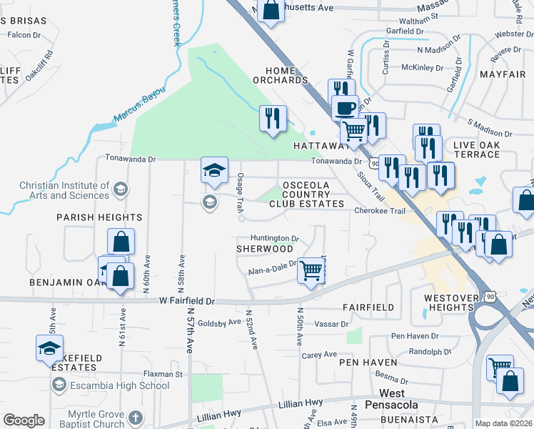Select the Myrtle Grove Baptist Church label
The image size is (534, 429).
96,419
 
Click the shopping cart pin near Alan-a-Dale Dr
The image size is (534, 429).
311,270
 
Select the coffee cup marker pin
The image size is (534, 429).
346,108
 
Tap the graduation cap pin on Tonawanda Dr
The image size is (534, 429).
214,170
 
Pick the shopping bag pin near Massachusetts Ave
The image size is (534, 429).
271,10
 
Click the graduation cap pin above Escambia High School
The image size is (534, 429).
50,349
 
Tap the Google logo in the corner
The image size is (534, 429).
24,420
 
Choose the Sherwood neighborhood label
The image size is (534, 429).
265,248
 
